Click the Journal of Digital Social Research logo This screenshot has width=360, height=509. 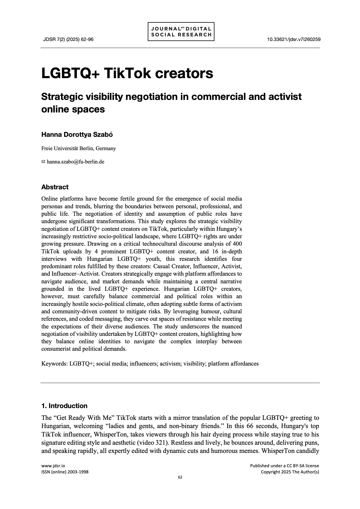[x=181, y=32]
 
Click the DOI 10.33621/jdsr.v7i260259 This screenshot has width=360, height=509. [x=294, y=39]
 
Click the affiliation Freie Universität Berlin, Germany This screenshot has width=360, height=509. [x=79, y=148]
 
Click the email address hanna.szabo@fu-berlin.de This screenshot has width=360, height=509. [x=75, y=162]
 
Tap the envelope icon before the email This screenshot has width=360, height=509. [x=43, y=162]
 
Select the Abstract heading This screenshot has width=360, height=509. [x=55, y=187]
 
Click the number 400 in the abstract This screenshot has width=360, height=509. [x=237, y=244]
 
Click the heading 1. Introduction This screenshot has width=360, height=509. [x=64, y=406]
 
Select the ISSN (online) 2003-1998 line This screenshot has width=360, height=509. [x=65, y=472]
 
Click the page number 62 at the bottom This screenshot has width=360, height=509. [x=180, y=477]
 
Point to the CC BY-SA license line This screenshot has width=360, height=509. [x=284, y=466]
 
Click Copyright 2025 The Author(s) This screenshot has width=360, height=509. [x=290, y=472]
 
